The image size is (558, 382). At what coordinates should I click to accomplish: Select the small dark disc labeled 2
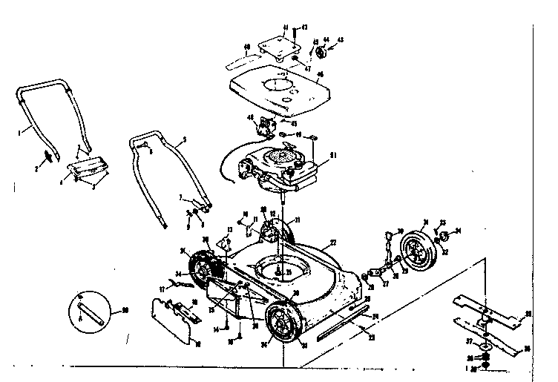point(49,156)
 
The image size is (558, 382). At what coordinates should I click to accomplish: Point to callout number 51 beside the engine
point(333,155)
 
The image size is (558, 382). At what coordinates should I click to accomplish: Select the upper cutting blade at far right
point(498,306)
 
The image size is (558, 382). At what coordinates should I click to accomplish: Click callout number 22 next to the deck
point(333,243)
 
